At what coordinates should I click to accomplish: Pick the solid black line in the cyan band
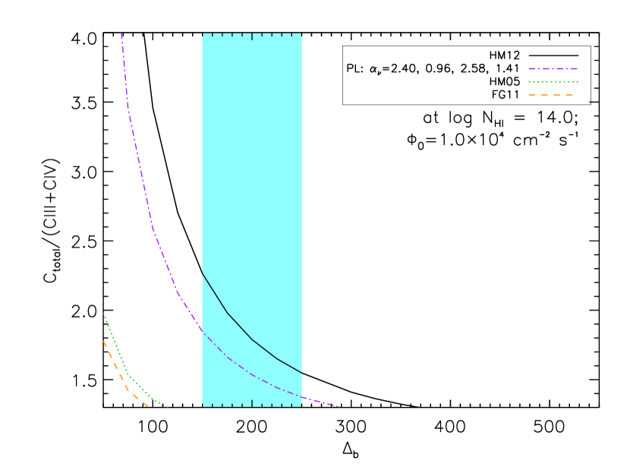(x=252, y=339)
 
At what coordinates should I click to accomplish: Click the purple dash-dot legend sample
(x=553, y=68)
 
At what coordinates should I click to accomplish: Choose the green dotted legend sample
(x=553, y=82)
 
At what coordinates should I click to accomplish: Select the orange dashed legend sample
(x=550, y=95)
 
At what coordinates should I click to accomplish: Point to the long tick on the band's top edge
(x=252, y=36)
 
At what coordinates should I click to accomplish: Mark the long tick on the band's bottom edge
(x=252, y=403)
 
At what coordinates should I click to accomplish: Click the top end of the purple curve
(x=121, y=34)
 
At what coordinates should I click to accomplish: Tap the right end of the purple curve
(x=337, y=406)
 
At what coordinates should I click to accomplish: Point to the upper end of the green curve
(x=104, y=314)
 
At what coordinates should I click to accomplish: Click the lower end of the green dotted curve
(x=168, y=406)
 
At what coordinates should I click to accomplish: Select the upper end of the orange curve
(x=104, y=342)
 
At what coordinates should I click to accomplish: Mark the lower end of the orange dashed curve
(x=147, y=406)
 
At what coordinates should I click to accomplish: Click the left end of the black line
(x=203, y=273)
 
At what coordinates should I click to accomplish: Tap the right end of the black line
(x=301, y=373)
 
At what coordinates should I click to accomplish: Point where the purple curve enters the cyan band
(x=203, y=330)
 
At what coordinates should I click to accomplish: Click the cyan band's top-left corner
(x=203, y=35)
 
